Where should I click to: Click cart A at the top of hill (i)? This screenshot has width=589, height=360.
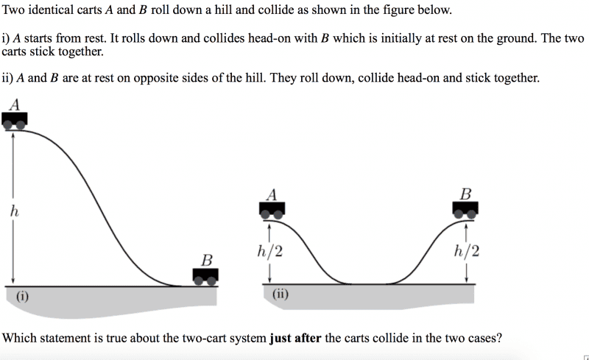point(15,121)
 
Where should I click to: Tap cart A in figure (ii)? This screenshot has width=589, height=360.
point(272,211)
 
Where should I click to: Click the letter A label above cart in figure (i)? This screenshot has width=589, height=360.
point(14,105)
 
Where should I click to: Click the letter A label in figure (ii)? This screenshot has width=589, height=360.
point(272,194)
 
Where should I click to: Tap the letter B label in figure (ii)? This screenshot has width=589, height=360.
point(465,194)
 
